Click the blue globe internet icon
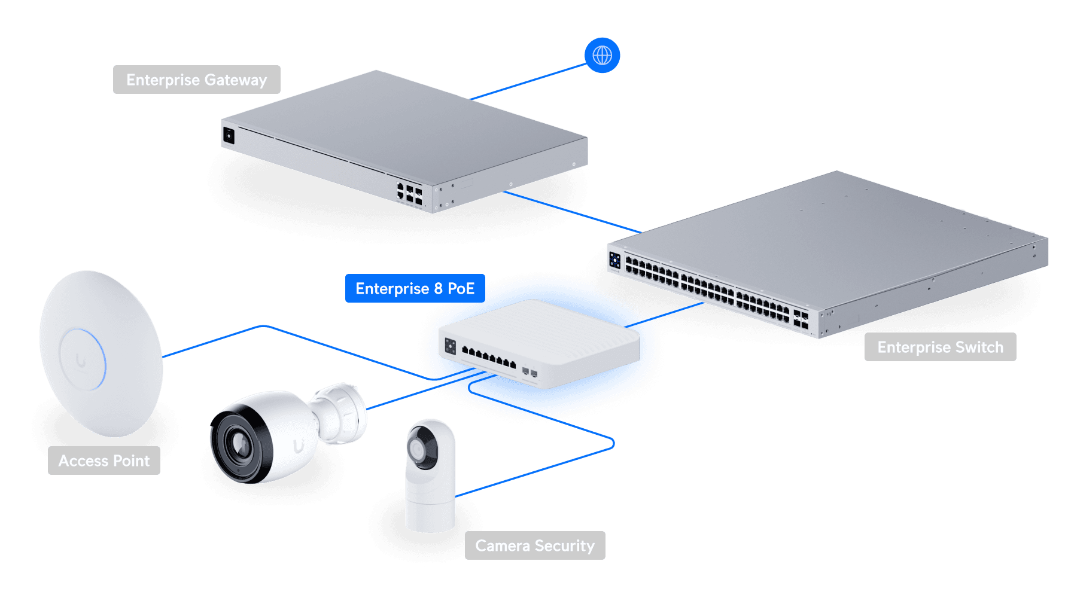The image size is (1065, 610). pos(602,56)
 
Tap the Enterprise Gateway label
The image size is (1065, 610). pos(196,80)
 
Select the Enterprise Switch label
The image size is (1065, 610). pos(940,347)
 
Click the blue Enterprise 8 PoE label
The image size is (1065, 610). pos(415,288)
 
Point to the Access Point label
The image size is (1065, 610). pos(104,460)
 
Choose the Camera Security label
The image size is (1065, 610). pos(535,545)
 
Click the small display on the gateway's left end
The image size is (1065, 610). pos(229,135)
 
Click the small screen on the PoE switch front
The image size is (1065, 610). pos(451,346)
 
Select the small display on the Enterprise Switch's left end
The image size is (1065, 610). pos(614,260)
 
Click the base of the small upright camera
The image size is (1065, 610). pos(430,516)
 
